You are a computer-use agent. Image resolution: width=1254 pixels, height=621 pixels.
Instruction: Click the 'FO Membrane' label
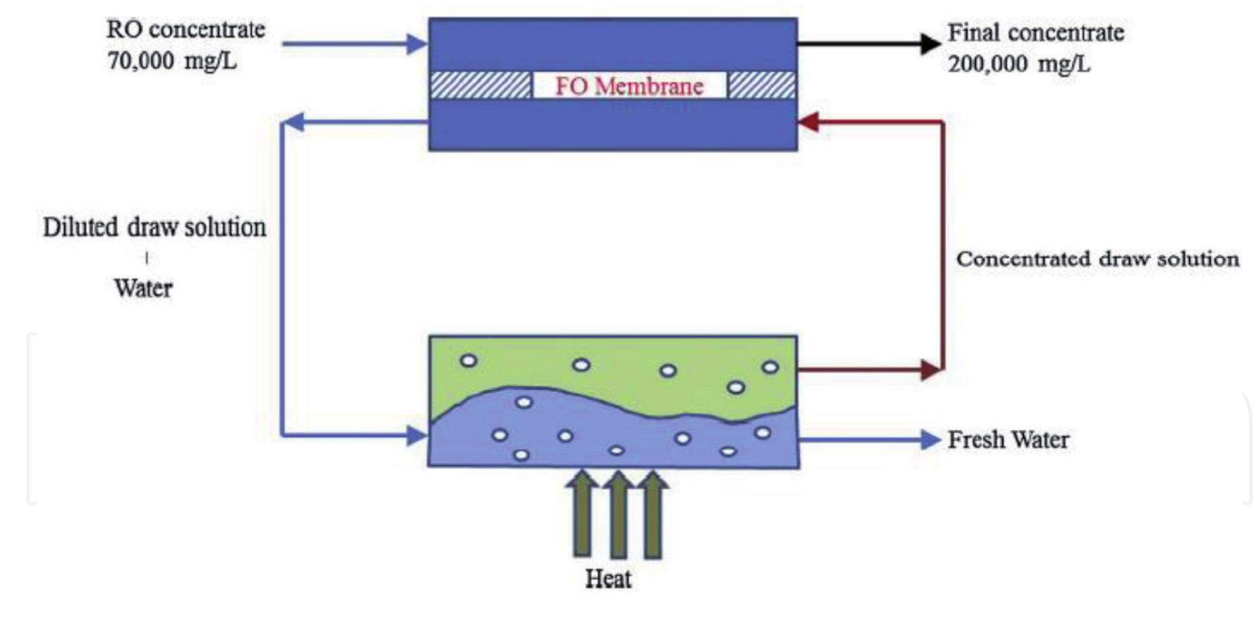pyautogui.click(x=629, y=86)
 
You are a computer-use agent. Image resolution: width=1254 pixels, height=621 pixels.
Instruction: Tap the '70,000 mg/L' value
pyautogui.click(x=172, y=61)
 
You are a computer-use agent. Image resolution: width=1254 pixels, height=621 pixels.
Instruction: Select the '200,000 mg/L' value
pyautogui.click(x=1018, y=64)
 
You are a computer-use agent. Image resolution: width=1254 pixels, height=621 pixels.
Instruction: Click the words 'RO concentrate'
pyautogui.click(x=186, y=30)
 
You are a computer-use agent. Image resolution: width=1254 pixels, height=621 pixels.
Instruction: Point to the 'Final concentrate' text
pyautogui.click(x=1035, y=32)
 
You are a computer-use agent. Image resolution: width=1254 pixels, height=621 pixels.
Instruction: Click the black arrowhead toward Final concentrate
pyautogui.click(x=930, y=44)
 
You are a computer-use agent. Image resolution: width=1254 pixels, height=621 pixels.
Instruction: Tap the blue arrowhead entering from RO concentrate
pyautogui.click(x=416, y=45)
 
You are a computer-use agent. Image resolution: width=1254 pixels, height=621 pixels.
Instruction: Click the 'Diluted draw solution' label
pyautogui.click(x=155, y=227)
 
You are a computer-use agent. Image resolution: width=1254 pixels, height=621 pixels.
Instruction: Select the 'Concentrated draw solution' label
pyautogui.click(x=1097, y=259)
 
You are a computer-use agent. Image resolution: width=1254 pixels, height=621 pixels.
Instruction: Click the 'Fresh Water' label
pyautogui.click(x=1008, y=440)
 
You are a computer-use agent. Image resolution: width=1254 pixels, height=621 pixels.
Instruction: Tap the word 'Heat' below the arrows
pyautogui.click(x=608, y=578)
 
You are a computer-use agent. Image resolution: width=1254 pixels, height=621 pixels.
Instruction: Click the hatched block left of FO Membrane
pyautogui.click(x=481, y=86)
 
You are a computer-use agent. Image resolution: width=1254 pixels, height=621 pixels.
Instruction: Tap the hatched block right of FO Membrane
pyautogui.click(x=762, y=86)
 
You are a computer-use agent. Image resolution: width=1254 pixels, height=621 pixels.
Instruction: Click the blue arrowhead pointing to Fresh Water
pyautogui.click(x=931, y=440)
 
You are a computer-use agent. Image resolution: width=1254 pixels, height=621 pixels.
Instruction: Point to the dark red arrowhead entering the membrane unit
pyautogui.click(x=809, y=122)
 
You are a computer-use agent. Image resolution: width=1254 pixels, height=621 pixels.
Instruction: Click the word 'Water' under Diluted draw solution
pyautogui.click(x=143, y=289)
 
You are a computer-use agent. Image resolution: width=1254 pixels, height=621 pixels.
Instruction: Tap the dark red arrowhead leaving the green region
pyautogui.click(x=931, y=370)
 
